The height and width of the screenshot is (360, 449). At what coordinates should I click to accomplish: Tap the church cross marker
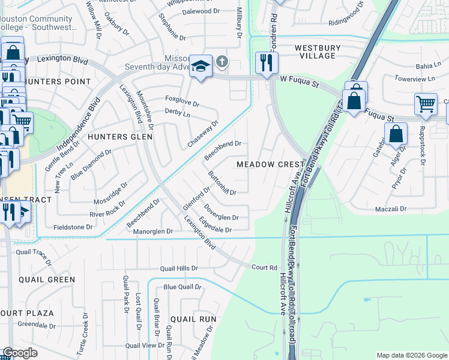point(222,61)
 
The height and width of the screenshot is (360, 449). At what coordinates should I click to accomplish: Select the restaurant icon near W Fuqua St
point(265,62)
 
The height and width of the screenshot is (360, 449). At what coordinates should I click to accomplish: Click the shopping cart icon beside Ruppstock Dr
point(426,104)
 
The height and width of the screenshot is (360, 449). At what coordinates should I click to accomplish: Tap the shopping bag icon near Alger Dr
point(396,134)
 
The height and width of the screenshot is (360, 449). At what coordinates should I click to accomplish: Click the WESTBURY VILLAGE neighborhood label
point(318,52)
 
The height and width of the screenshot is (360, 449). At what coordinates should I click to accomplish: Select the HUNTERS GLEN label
point(120,137)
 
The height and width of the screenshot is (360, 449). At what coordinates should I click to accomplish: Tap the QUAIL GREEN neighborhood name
point(47,280)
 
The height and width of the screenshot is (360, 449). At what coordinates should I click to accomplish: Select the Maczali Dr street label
point(391,209)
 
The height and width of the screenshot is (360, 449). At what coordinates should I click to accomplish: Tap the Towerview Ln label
point(414,79)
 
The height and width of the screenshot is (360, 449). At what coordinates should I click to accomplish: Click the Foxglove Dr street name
point(182,104)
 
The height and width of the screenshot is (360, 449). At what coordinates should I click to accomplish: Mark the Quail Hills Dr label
point(178,268)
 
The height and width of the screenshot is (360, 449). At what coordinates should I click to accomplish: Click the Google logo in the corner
point(20,353)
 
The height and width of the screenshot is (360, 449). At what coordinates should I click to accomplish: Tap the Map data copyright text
point(412,355)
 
